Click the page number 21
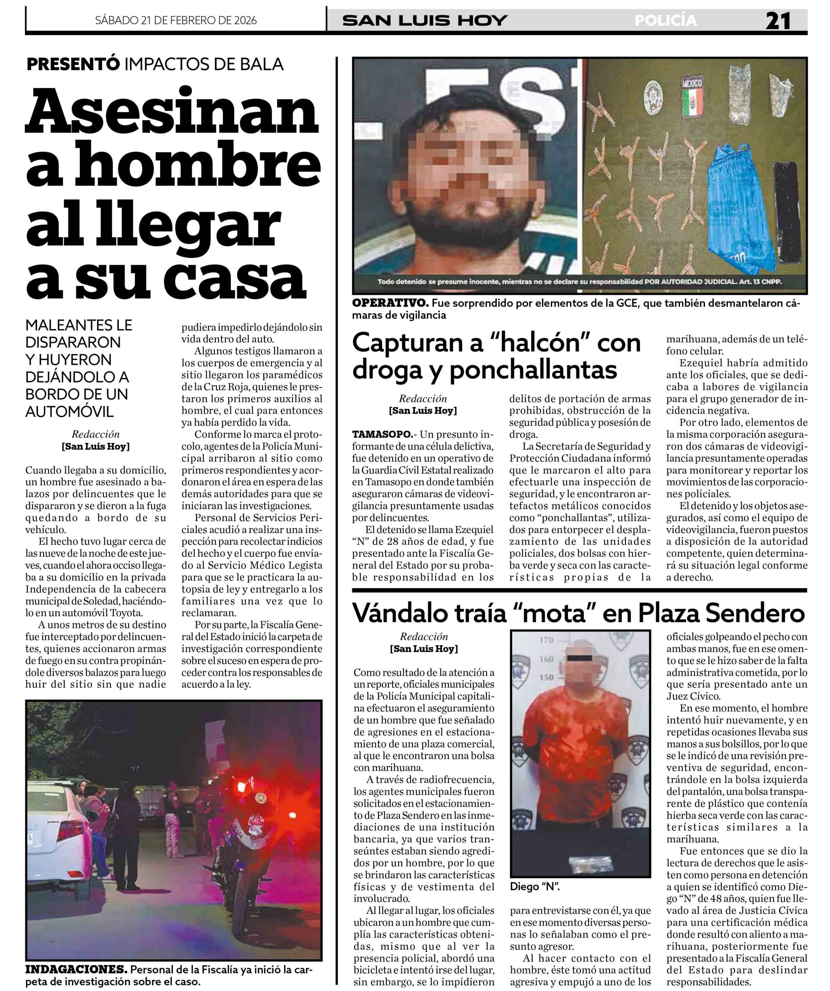tap(778, 21)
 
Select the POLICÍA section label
tap(665, 21)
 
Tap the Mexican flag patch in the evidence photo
tap(692, 99)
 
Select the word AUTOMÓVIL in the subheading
tap(69, 411)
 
